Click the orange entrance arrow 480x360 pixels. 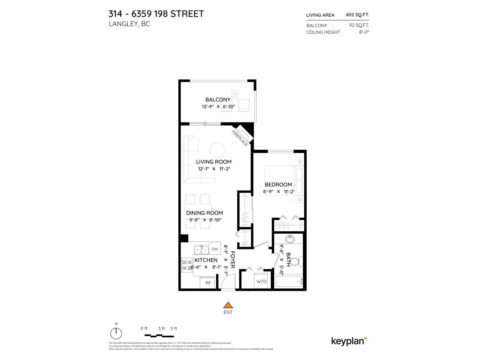pos(228,305)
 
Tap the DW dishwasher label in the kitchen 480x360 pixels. pos(215,249)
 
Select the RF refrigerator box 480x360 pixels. pos(208,283)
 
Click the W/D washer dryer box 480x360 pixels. pos(261,281)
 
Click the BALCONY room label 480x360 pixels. pos(218,100)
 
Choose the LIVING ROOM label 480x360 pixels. pos(214,162)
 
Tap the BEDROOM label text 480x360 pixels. pos(278,184)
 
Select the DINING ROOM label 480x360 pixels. pos(204,213)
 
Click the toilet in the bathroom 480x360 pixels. pos(296,262)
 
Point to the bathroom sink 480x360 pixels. pos(290,239)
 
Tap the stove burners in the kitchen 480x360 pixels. pos(187,265)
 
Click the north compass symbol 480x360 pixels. pos(116,333)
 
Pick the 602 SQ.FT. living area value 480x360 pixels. pos(357,15)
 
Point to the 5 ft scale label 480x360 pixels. pos(173,328)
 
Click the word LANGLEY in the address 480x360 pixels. pos(123,24)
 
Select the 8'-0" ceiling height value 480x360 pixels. pos(364,32)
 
